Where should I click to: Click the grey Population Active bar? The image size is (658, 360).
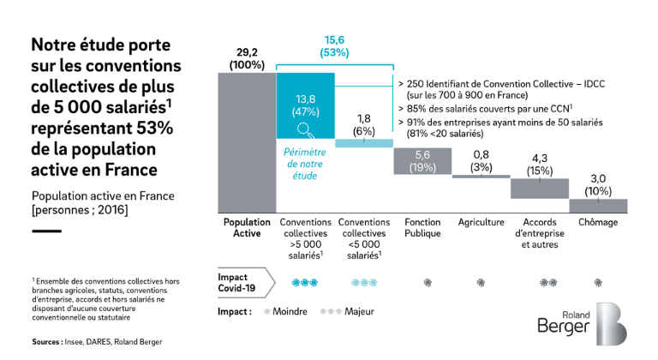pos(247,141)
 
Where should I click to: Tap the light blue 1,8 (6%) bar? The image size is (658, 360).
pos(364,143)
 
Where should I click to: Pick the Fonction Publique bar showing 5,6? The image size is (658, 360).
pos(422,160)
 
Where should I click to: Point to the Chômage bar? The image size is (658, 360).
pos(598,206)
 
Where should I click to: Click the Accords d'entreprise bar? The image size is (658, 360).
pos(540,187)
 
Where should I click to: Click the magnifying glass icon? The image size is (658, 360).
pos(304,129)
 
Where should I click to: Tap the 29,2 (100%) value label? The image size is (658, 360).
pos(247,58)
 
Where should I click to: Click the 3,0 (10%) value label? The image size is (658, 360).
pos(598,184)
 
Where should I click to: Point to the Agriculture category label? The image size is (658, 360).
pos(482,222)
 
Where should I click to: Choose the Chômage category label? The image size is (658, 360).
pos(598,222)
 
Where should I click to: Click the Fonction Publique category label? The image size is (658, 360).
pos(422,228)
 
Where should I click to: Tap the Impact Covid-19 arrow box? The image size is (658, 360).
pos(246,283)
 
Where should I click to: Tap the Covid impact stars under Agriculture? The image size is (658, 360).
pos(482,282)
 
